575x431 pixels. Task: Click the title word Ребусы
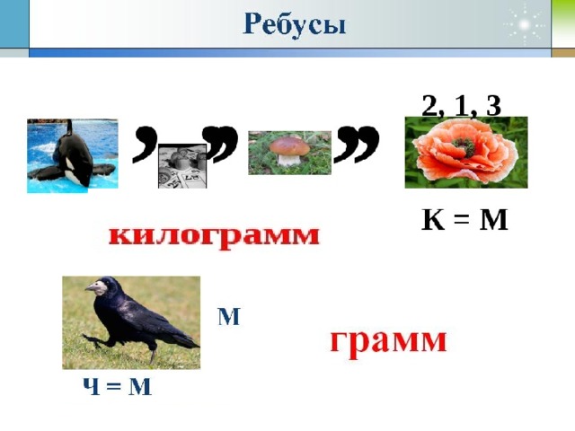[x=294, y=25]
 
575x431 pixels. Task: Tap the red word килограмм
[x=215, y=236]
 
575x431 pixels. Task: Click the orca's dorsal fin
[x=69, y=128]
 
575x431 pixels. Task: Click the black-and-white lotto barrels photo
[x=182, y=166]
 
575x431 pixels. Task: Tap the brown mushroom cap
[x=289, y=146]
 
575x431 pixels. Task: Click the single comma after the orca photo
[x=144, y=144]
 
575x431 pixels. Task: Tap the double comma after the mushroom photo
[x=357, y=144]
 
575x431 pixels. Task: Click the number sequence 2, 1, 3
[x=461, y=106]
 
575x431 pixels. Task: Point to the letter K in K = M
[x=433, y=220]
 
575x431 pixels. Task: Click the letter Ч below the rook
[x=92, y=386]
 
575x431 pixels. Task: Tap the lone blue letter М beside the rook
[x=229, y=317]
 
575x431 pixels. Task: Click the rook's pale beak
[x=92, y=288]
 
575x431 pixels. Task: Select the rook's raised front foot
[x=92, y=341]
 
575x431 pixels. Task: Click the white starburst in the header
[x=525, y=25]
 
